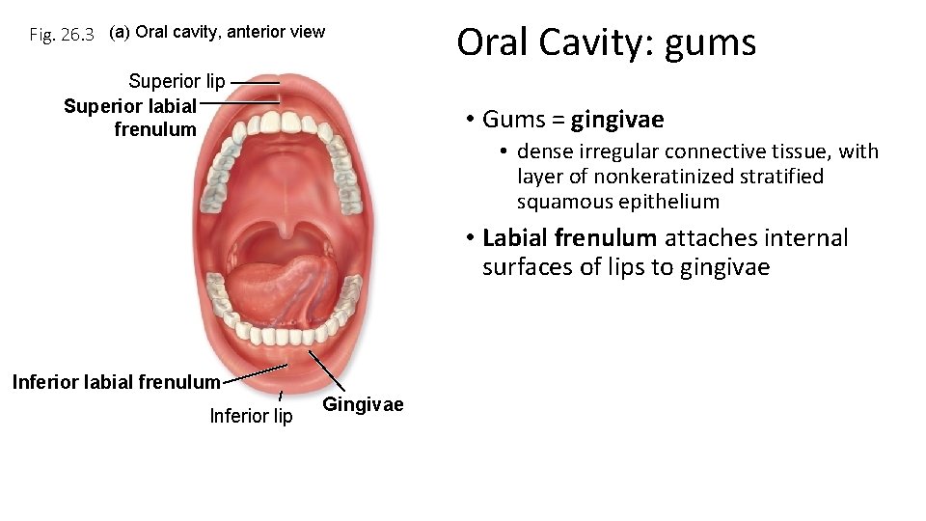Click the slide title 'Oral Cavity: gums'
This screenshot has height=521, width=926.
click(x=606, y=43)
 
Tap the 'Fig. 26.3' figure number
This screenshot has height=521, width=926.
click(x=62, y=36)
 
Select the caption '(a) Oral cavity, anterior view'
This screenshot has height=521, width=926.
click(x=217, y=32)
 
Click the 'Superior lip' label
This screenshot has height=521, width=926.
click(x=177, y=81)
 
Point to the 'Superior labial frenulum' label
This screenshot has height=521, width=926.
click(x=131, y=117)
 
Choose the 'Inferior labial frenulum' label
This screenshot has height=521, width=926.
click(x=116, y=382)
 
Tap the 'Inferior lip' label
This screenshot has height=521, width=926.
click(x=251, y=416)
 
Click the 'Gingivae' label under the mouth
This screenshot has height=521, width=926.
click(x=363, y=404)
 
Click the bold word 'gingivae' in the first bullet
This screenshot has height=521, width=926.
click(x=617, y=120)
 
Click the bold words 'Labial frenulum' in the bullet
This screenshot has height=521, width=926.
click(x=569, y=238)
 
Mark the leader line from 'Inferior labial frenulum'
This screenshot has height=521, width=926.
click(x=255, y=373)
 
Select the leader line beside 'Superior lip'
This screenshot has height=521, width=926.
click(x=255, y=82)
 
